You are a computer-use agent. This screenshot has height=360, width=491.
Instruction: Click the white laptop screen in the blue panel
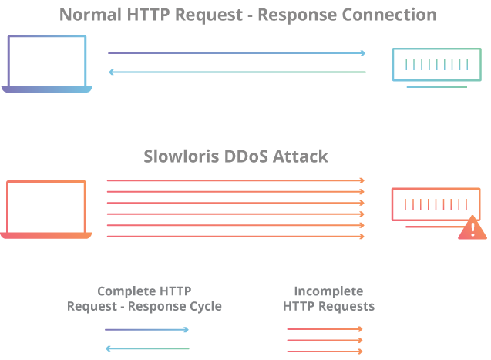click(46, 61)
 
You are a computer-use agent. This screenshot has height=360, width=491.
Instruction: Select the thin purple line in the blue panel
click(231, 53)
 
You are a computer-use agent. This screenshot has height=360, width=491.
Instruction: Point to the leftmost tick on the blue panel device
click(405, 65)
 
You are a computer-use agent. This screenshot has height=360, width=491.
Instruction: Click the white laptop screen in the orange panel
click(45, 207)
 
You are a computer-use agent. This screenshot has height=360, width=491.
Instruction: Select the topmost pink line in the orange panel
click(231, 180)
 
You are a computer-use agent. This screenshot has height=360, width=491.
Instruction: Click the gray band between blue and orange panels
click(245, 163)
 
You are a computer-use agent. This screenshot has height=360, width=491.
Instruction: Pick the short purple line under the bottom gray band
click(143, 329)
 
